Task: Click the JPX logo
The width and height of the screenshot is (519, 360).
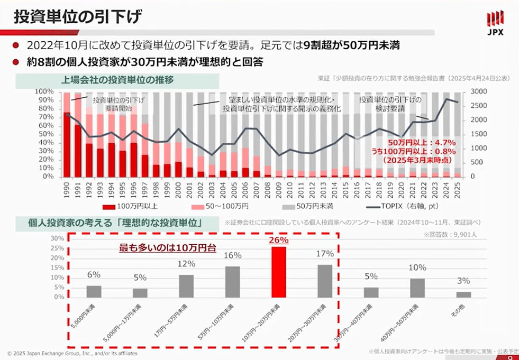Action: click(494, 24)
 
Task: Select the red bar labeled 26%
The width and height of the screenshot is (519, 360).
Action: click(278, 272)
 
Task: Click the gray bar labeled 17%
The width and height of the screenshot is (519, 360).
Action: click(325, 281)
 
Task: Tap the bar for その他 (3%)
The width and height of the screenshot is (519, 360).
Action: click(463, 294)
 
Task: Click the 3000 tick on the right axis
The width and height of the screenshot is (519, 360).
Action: click(478, 92)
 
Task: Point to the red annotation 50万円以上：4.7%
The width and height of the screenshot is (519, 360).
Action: click(414, 142)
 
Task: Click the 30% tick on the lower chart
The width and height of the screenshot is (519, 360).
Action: click(57, 238)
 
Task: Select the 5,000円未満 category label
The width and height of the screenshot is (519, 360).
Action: click(92, 316)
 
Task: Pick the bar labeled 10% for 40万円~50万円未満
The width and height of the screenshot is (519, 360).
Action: click(417, 288)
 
